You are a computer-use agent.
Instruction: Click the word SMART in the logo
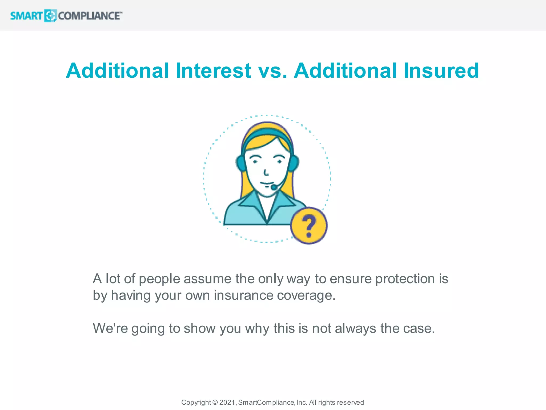(x=26, y=16)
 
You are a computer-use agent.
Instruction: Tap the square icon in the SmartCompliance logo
(x=50, y=16)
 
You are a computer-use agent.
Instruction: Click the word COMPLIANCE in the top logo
(x=89, y=16)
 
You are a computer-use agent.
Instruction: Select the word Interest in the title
(x=213, y=71)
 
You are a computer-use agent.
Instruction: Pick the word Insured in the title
(x=441, y=71)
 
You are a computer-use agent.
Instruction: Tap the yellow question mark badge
(x=309, y=226)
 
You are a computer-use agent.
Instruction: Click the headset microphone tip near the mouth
(x=274, y=188)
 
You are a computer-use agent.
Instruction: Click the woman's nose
(x=266, y=172)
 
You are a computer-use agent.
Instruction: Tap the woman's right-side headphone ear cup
(x=294, y=163)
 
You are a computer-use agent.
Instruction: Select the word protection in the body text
(x=405, y=279)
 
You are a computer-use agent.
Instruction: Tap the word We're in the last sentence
(x=110, y=328)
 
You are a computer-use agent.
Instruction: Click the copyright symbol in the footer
(x=215, y=402)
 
